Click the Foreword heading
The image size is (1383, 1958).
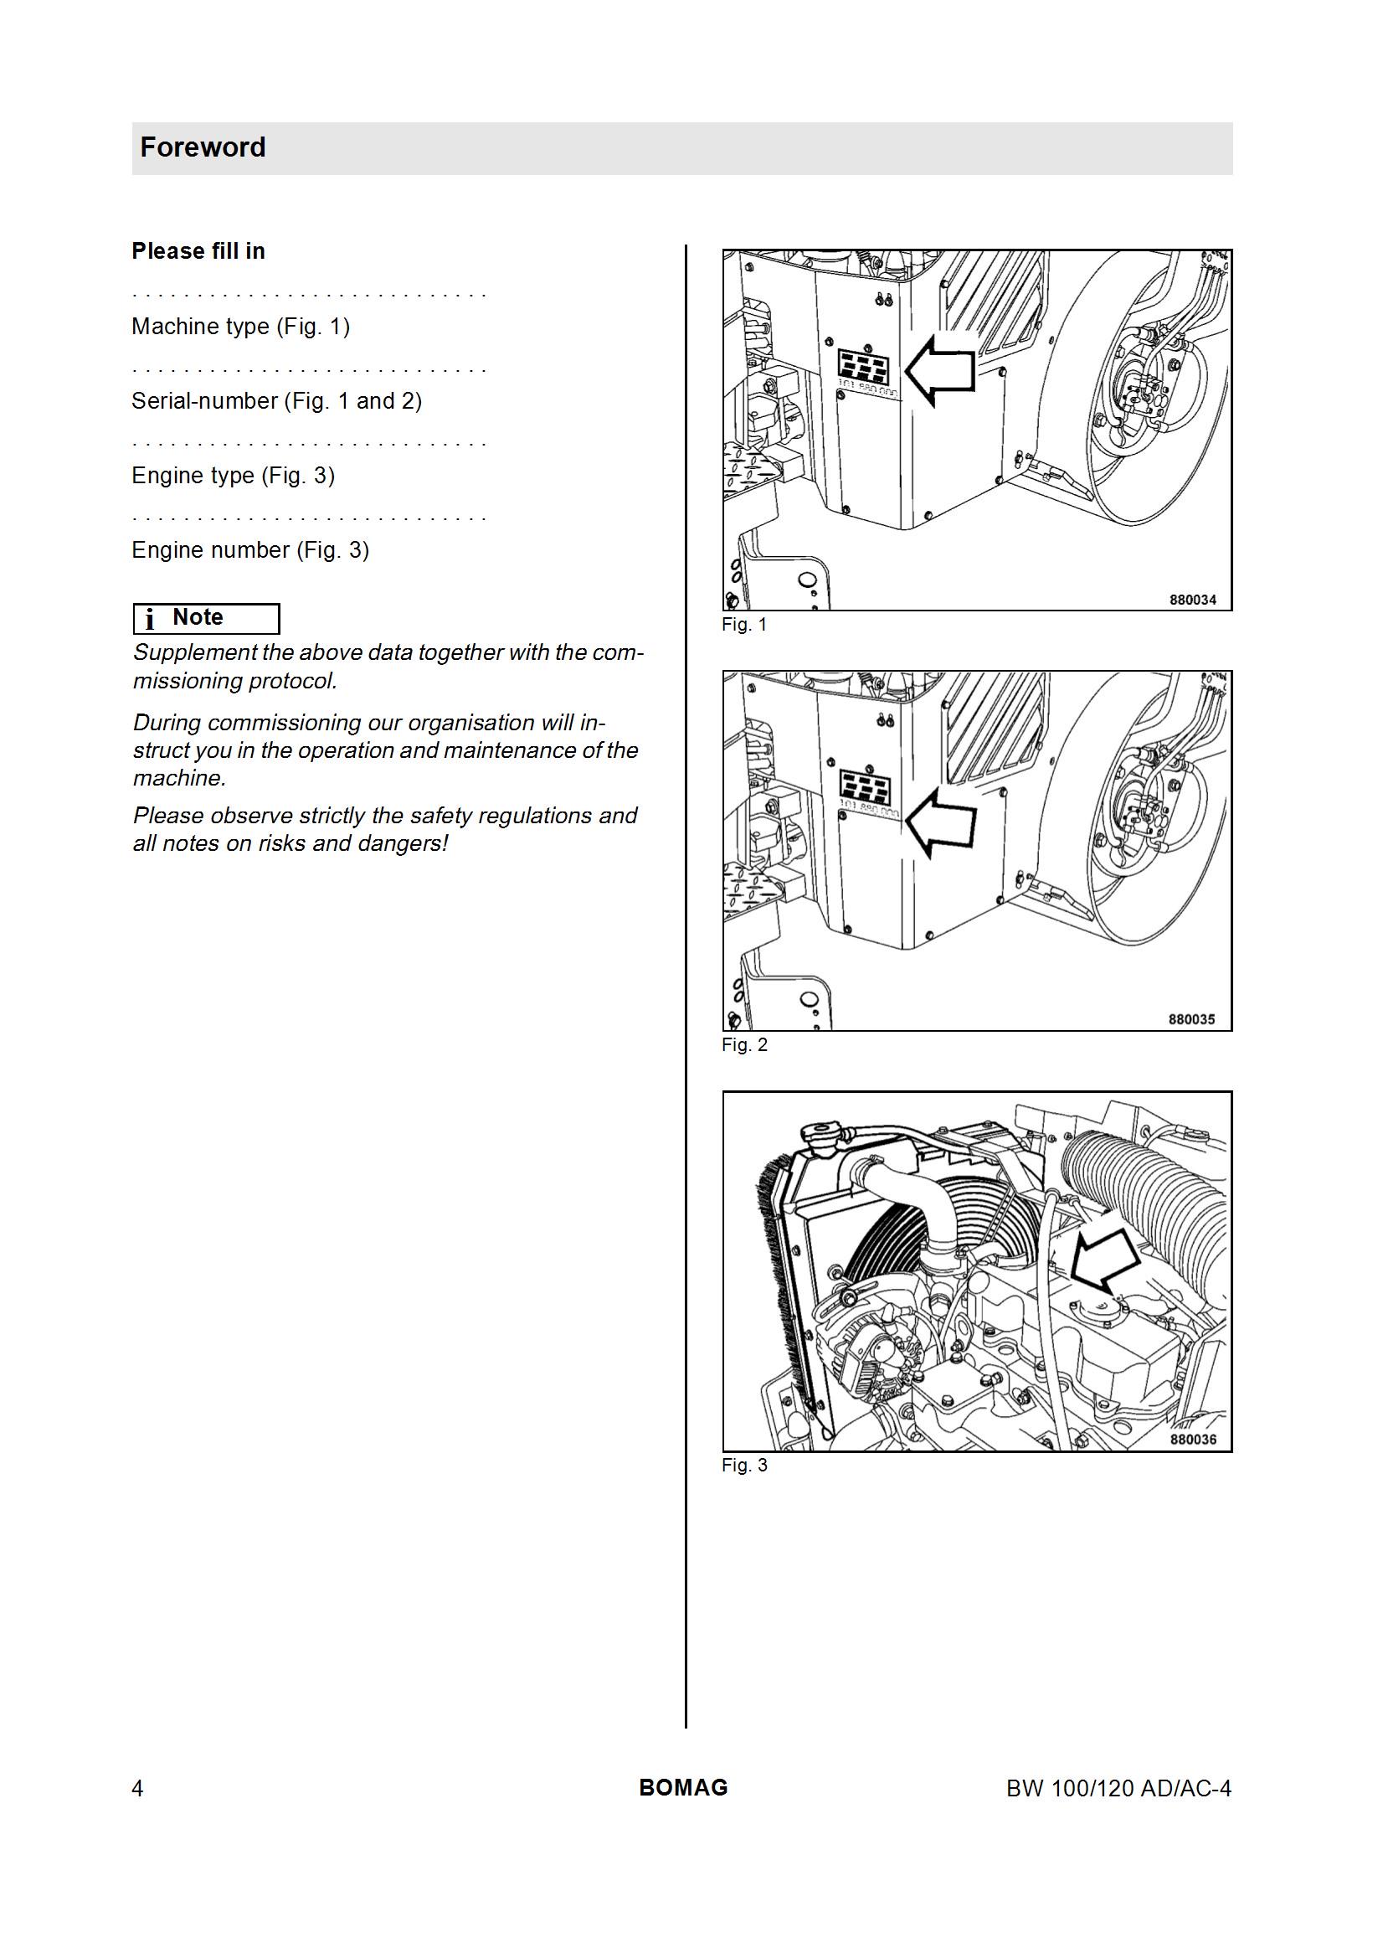click(x=203, y=147)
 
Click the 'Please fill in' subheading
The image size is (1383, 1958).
click(x=198, y=250)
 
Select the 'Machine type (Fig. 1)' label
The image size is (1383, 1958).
click(x=240, y=327)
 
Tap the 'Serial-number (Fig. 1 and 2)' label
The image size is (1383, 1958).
click(x=276, y=401)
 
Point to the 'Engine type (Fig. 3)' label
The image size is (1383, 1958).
click(x=233, y=476)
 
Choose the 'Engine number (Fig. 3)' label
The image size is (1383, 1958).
click(x=249, y=550)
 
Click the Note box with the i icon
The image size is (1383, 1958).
click(x=206, y=618)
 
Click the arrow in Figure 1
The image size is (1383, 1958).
click(x=938, y=369)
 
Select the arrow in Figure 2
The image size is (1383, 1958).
click(x=938, y=823)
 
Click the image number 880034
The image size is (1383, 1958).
click(x=1193, y=600)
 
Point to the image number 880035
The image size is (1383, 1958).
click(x=1193, y=1019)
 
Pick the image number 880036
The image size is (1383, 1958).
click(x=1193, y=1440)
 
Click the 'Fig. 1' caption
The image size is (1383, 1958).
click(x=744, y=624)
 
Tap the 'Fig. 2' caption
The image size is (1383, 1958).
click(x=744, y=1044)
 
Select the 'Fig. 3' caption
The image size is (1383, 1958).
click(x=744, y=1465)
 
